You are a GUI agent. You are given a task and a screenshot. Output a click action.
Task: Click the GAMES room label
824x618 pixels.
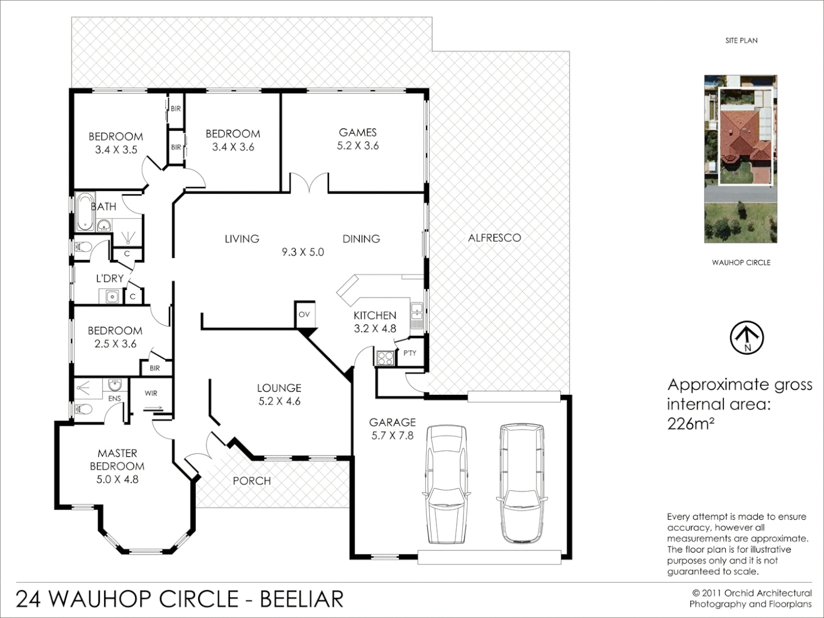(x=358, y=132)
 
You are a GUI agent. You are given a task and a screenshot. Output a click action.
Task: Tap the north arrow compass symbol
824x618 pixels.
(x=747, y=338)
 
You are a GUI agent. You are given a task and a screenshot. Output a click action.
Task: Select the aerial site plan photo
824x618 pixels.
(x=741, y=159)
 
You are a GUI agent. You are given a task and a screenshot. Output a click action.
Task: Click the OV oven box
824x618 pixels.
(x=304, y=314)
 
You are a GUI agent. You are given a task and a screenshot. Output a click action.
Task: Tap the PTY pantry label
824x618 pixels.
(x=410, y=353)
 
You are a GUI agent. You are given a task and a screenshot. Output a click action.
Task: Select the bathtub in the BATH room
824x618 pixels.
(x=84, y=212)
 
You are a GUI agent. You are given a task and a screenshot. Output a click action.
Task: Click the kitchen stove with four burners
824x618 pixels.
(x=384, y=358)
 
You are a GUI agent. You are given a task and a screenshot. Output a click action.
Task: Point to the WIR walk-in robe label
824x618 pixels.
(x=151, y=393)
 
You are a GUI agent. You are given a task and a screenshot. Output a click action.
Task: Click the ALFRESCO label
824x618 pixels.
(x=494, y=237)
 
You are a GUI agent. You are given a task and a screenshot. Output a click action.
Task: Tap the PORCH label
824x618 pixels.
(x=252, y=481)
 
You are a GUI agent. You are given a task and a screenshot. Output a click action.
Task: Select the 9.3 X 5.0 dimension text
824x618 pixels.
(x=303, y=252)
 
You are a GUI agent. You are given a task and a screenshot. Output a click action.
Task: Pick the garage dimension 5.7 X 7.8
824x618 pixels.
(x=392, y=435)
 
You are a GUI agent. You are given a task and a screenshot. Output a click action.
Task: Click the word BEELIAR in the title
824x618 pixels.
(x=302, y=599)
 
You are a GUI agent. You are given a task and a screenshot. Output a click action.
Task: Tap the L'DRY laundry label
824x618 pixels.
(x=109, y=279)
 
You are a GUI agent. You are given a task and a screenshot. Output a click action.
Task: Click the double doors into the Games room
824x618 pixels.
(x=309, y=184)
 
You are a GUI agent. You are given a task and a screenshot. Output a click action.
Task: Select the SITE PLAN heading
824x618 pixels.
(x=741, y=41)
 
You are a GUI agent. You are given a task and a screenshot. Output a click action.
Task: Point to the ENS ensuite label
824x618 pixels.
(x=114, y=398)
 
